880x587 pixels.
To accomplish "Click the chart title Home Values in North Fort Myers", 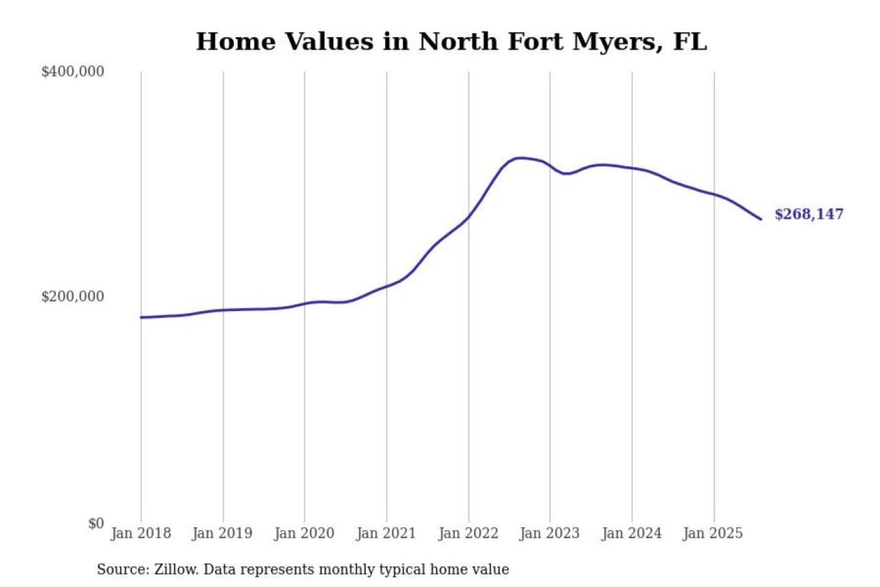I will coord(451,42).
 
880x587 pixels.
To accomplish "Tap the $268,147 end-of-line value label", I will coord(809,214).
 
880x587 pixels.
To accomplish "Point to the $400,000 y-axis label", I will coord(73,72).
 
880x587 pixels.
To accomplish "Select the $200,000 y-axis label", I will coord(73,297).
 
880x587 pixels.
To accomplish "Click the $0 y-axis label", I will coord(96,523).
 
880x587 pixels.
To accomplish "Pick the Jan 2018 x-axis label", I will coord(141,533).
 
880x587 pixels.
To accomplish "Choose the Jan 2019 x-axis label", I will coord(222,533).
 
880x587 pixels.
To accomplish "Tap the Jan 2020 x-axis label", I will coord(304,533).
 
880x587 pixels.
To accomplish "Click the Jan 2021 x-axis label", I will coord(386,533).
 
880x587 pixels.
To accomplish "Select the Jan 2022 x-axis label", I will coord(468,533).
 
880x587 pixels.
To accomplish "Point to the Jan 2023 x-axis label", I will coord(549,533).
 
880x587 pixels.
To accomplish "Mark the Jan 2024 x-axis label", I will coord(631,533).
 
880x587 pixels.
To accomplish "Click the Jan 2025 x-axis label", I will coord(713,533).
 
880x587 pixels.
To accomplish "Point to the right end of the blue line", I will coord(761,219).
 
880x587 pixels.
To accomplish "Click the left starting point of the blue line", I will coord(141,317).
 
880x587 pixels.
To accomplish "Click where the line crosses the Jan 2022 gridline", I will coord(469,217).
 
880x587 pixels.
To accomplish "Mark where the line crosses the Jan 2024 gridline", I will coord(632,168).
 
